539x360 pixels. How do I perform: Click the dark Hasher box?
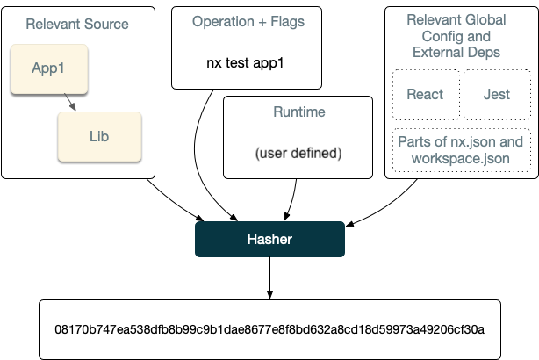coord(269,239)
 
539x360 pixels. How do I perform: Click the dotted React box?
coord(424,94)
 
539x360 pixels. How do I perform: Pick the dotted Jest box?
coord(496,94)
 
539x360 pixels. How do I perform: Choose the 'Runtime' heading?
coord(299,112)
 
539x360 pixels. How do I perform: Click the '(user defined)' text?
coord(298,153)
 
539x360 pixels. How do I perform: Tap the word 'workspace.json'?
coord(461,159)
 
